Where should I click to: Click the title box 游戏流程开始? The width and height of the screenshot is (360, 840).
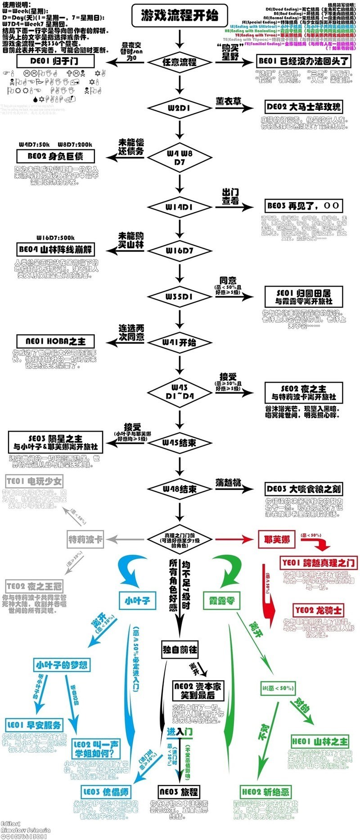(180, 17)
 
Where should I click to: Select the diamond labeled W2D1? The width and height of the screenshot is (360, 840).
(180, 108)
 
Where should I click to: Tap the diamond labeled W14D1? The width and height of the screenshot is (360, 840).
(180, 207)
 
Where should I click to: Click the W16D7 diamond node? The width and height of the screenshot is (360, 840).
(180, 250)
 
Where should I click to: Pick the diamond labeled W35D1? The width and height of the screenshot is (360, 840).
(180, 296)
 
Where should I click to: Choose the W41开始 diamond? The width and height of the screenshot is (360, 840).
(180, 342)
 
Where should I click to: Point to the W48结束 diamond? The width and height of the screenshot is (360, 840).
(180, 489)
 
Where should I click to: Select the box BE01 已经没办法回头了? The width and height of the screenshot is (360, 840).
(304, 61)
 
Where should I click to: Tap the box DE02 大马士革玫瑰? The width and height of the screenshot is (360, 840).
(303, 107)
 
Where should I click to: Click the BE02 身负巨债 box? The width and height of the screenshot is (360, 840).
(56, 156)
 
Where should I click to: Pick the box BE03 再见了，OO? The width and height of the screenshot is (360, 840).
(303, 206)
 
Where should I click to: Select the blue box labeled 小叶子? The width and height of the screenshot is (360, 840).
(137, 600)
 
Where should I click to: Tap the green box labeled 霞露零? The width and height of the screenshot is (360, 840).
(222, 601)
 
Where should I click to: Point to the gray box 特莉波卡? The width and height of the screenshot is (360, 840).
(85, 539)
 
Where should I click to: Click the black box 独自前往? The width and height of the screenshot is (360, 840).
(180, 650)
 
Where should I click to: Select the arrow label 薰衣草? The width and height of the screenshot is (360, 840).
(228, 102)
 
